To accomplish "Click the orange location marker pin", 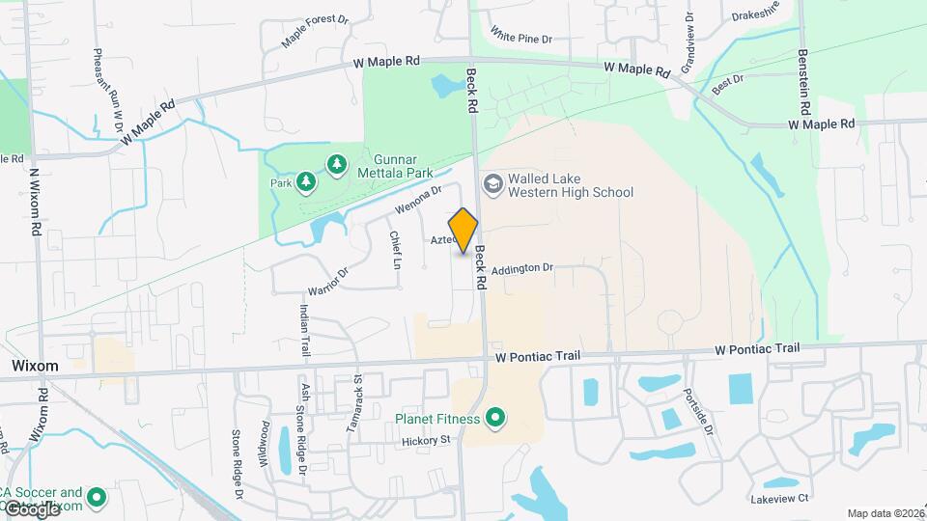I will coord(463,230).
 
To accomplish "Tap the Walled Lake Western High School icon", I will coord(492,183).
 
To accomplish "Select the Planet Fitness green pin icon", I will coord(495,418).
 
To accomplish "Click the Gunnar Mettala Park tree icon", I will coord(336,166).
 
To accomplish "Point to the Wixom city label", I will coord(35,367).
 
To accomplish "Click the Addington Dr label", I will coord(521,269).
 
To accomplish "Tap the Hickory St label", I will coord(427,440).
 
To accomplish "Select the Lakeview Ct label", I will coord(778,499).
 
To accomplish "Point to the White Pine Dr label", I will coord(520,39).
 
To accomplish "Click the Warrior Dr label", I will coord(327,277).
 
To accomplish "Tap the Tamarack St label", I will coord(354,403).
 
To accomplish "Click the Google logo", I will coord(31,508).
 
